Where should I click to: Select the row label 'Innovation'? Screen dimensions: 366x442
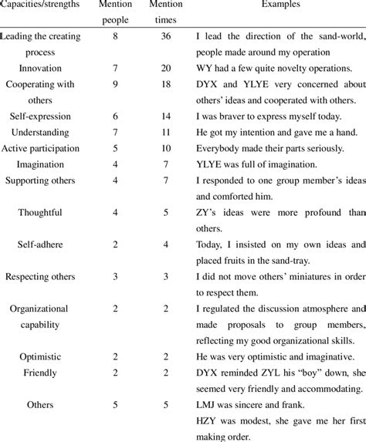tap(40, 69)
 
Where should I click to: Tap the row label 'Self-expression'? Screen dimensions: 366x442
tap(40, 115)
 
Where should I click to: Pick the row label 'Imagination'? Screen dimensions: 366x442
tap(40, 163)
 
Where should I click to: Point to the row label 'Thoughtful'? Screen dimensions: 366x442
tap(40, 211)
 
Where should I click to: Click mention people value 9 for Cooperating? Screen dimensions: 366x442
tap(114, 84)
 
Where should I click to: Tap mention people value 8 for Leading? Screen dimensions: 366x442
tap(114, 36)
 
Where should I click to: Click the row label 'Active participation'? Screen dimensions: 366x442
tap(40, 147)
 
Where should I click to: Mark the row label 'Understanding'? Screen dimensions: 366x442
tap(40, 132)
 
